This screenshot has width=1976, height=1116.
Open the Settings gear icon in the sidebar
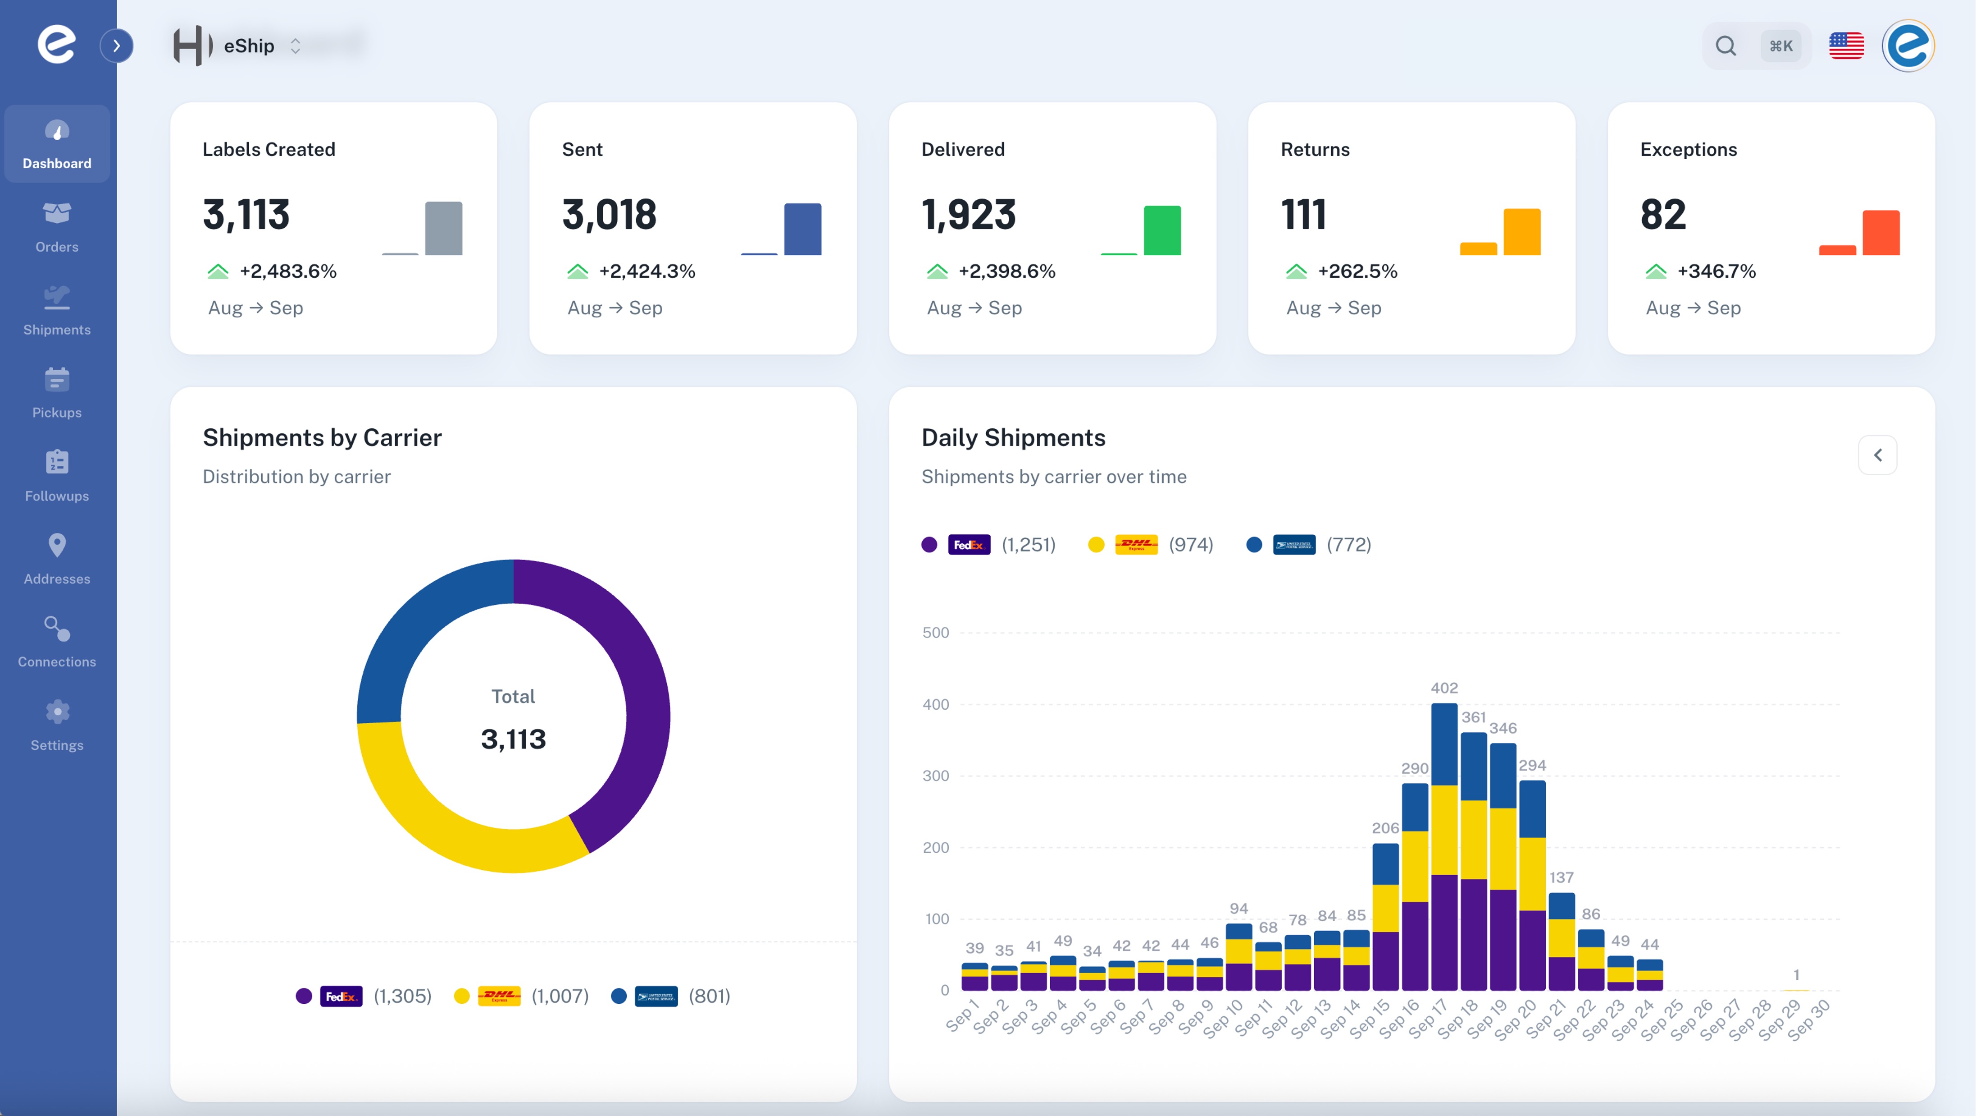tap(57, 712)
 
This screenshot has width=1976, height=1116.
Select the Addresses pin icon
tap(57, 546)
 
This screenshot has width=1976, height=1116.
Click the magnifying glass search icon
tap(1726, 46)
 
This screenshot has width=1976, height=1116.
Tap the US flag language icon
tap(1846, 46)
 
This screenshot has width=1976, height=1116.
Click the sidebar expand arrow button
tap(117, 46)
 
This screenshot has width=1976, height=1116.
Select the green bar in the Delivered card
tap(1162, 230)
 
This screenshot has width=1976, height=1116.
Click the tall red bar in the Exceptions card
tap(1881, 233)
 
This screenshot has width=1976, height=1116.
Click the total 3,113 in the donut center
tap(513, 739)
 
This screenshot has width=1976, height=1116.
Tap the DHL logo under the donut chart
tap(499, 996)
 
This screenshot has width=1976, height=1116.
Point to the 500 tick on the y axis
tap(935, 633)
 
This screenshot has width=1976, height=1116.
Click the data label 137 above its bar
tap(1561, 877)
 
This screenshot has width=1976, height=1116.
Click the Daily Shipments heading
tap(1012, 437)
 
